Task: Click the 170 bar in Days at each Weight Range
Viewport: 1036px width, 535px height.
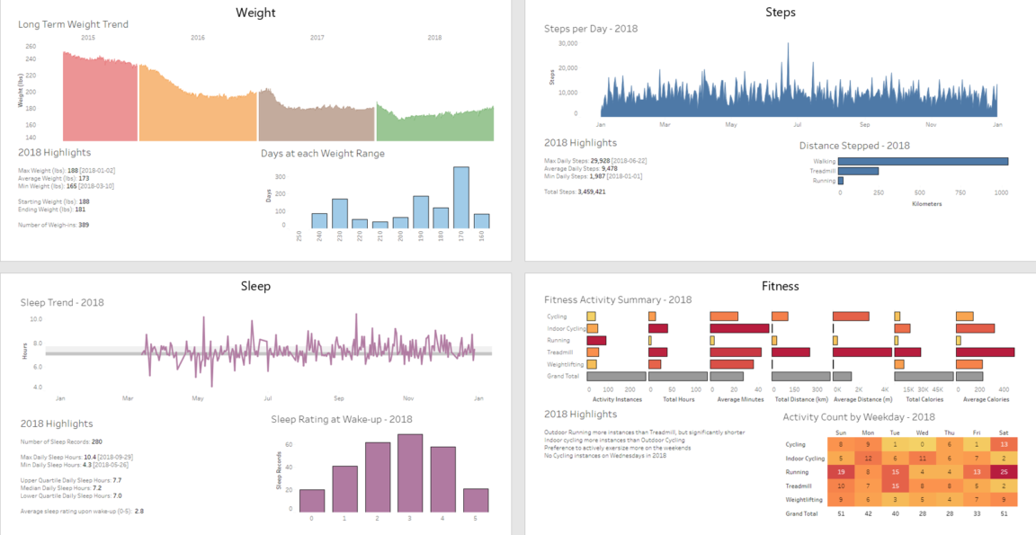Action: pos(460,198)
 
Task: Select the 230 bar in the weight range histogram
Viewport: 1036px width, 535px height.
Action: pos(340,213)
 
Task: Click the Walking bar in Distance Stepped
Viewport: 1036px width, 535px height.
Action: pos(923,161)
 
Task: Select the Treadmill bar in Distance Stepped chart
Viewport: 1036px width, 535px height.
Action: pos(858,171)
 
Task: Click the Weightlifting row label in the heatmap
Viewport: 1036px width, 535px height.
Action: pos(802,498)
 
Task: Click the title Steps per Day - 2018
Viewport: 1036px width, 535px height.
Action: pos(591,29)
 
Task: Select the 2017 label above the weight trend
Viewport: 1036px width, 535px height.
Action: pos(317,38)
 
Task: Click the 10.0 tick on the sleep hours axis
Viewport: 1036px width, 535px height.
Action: pos(37,318)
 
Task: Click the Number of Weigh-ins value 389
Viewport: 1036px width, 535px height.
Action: pos(83,225)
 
